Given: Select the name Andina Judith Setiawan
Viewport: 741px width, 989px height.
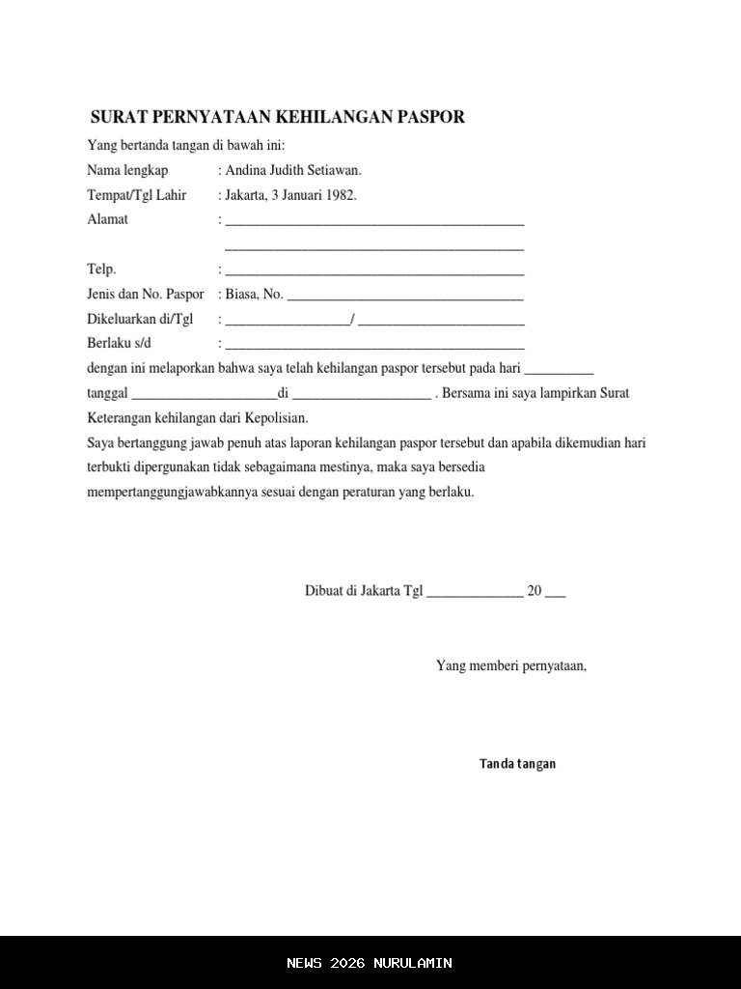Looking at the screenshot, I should [x=293, y=170].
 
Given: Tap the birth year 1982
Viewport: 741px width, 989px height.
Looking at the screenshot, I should [x=340, y=194].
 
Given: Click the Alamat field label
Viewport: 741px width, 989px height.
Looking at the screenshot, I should [x=107, y=219].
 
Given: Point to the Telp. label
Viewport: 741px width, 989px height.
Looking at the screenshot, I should [x=101, y=269].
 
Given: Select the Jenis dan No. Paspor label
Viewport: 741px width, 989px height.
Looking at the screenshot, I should [x=146, y=294].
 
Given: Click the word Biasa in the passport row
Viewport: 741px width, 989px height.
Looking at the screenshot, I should [x=241, y=294].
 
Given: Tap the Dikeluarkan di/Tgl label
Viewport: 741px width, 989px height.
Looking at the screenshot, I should [x=140, y=319].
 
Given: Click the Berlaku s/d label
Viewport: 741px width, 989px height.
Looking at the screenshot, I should [x=120, y=343].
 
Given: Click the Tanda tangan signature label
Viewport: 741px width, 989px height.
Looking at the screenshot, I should [x=517, y=764].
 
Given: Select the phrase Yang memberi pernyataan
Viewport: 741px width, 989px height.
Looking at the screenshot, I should [x=511, y=665].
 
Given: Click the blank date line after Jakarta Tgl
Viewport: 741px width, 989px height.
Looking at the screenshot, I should [x=474, y=594].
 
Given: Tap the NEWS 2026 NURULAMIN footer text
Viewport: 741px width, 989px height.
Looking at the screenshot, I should [x=370, y=963].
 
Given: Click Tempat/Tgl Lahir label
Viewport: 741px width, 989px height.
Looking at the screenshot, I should [x=137, y=194].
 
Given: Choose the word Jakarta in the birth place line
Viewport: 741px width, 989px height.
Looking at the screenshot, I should [x=248, y=194].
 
